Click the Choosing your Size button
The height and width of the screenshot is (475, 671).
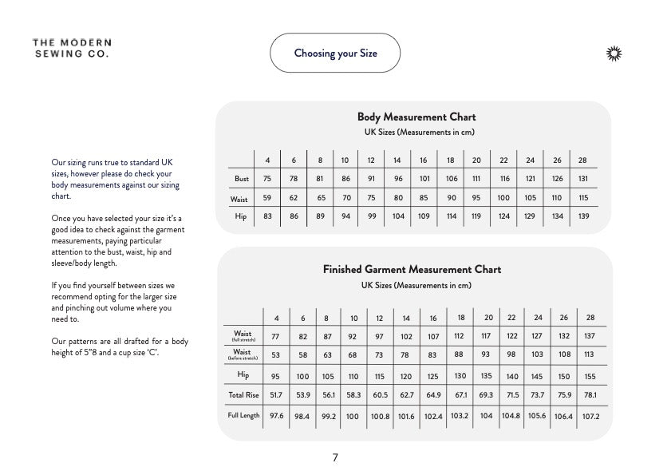335,53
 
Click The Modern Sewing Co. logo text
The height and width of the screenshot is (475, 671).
72,48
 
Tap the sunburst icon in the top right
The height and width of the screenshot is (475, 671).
614,53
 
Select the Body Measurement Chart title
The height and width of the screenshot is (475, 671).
416,117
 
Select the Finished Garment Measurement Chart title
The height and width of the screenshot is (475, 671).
412,270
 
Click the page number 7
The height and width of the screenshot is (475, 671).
335,457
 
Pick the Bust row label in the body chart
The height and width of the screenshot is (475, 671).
242,179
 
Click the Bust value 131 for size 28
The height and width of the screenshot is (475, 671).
582,179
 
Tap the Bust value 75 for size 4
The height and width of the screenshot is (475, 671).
267,179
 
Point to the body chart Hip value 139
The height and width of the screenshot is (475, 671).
582,216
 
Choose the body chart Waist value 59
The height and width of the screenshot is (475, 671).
267,198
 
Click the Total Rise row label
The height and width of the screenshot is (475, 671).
243,394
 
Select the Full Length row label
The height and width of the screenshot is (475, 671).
243,415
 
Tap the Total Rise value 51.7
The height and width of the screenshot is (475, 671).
276,394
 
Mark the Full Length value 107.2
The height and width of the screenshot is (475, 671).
590,416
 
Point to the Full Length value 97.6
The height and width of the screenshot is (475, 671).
276,416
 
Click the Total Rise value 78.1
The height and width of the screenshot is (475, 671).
590,394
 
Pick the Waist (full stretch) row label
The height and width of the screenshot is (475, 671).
243,336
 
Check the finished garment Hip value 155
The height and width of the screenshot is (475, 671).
590,376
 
